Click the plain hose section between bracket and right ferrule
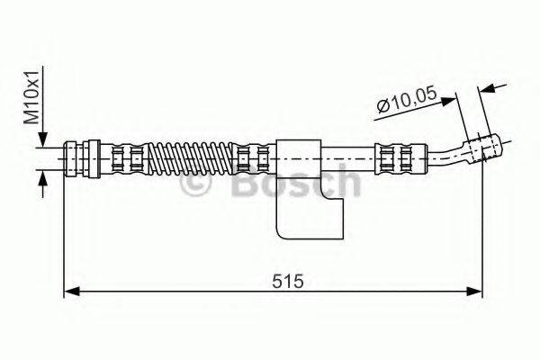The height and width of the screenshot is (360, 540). point(349,157)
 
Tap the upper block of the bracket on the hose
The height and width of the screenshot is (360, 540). point(299,157)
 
